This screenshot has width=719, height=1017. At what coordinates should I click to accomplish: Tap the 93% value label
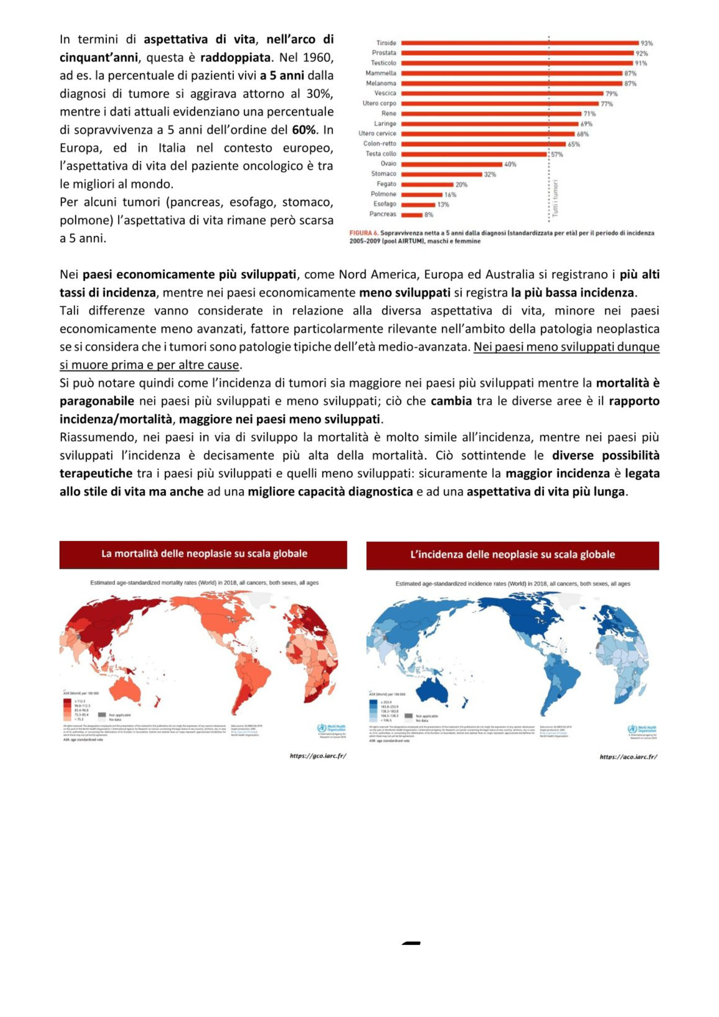[646, 44]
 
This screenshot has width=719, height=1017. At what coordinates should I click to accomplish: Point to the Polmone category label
[383, 194]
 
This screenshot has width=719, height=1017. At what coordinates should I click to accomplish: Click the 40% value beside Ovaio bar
[510, 164]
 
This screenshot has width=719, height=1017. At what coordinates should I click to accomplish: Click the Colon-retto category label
[379, 144]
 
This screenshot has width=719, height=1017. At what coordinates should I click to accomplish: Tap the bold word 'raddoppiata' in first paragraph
[235, 57]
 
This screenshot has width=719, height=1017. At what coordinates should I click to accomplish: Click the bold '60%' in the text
[304, 130]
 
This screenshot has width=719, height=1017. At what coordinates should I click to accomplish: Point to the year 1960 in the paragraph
[318, 57]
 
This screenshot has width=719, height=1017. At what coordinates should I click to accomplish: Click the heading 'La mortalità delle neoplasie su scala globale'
[204, 554]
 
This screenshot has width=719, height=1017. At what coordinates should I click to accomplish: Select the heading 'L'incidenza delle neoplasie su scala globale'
[512, 555]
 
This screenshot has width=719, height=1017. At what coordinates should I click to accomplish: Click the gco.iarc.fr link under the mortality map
[318, 756]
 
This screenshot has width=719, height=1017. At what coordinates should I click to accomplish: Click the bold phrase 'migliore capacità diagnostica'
[330, 492]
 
